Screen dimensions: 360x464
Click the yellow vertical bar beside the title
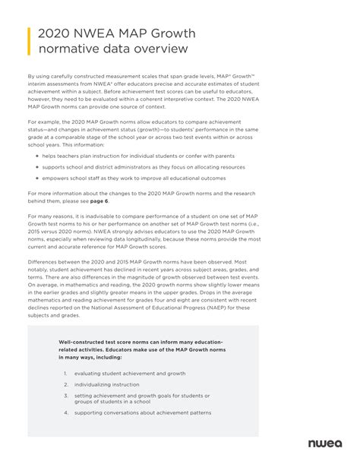(x=28, y=41)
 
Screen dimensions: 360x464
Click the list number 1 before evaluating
(x=66, y=373)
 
